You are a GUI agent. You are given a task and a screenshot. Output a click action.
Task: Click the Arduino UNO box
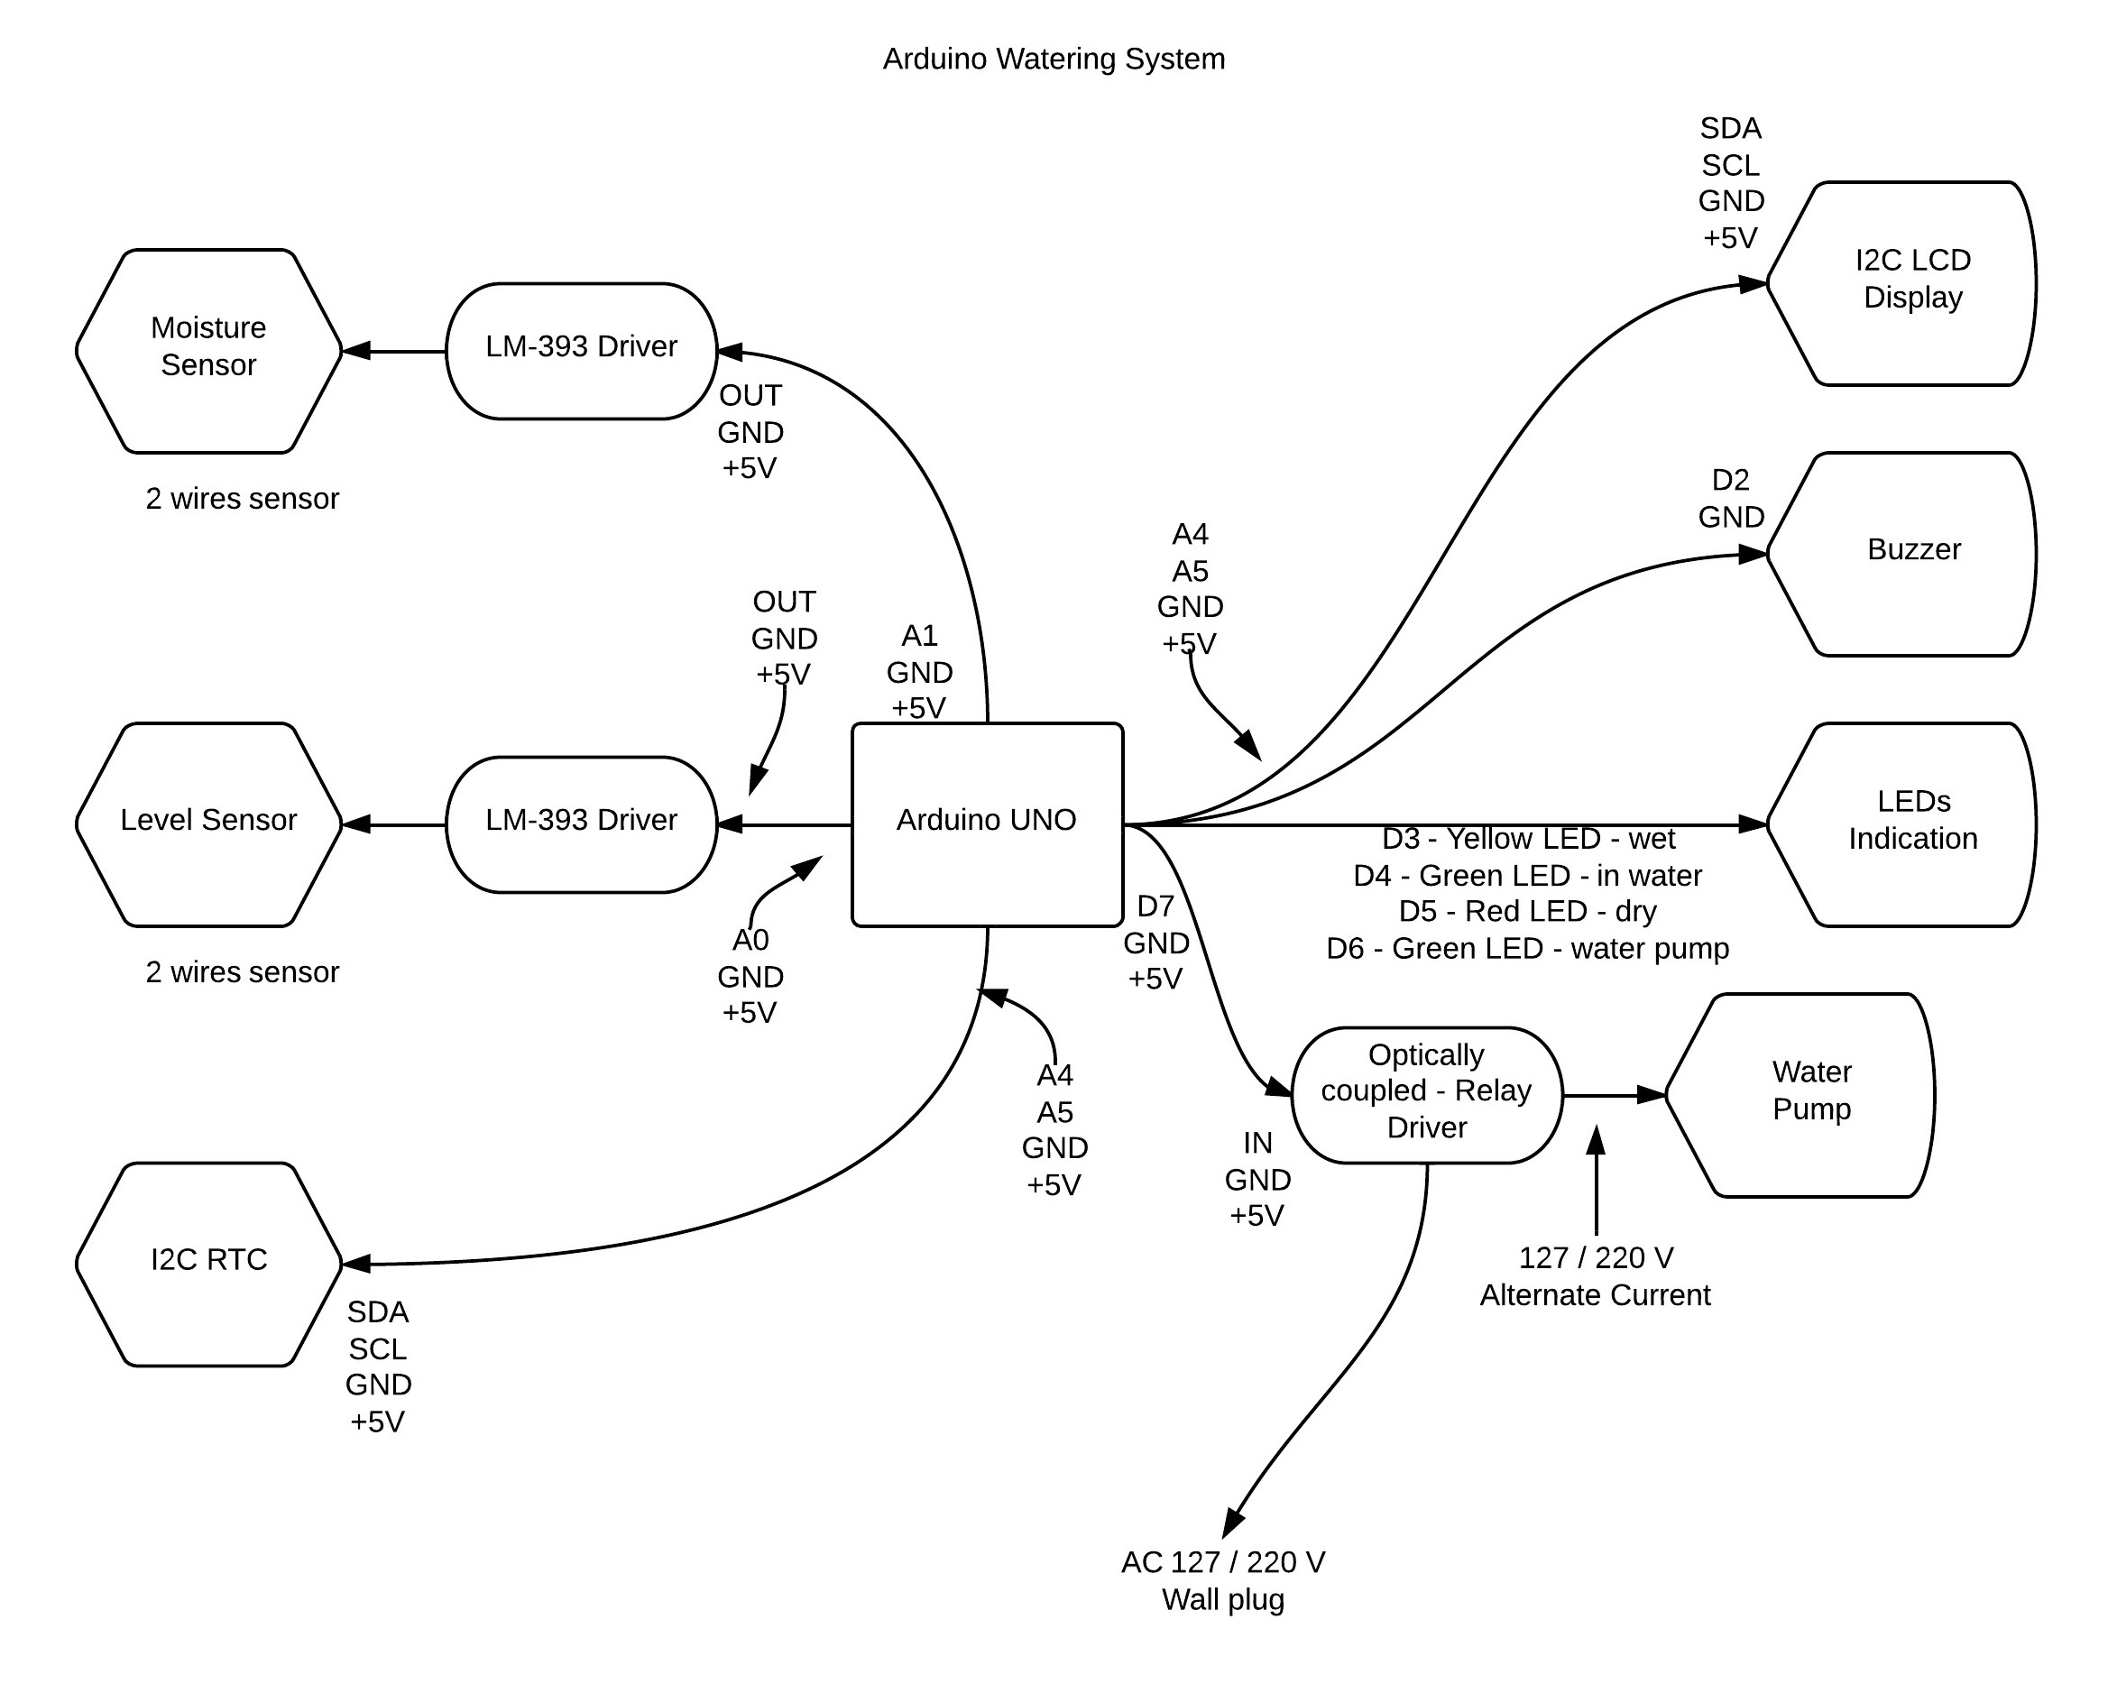[x=987, y=824]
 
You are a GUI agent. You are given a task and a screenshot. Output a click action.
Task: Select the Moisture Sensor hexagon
[x=208, y=350]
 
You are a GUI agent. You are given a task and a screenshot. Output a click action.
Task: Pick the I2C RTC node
[x=208, y=1263]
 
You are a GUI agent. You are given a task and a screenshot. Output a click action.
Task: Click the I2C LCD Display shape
[x=1901, y=282]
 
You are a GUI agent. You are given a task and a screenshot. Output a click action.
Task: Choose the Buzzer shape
[x=1901, y=552]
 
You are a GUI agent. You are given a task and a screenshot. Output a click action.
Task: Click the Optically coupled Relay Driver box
[x=1425, y=1094]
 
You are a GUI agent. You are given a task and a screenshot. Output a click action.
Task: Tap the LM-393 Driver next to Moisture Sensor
[x=581, y=350]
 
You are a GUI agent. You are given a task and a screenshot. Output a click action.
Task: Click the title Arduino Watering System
[x=1053, y=59]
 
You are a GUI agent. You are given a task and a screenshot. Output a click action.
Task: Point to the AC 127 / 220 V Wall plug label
[x=1222, y=1581]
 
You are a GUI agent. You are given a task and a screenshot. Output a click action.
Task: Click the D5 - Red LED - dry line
[x=1526, y=911]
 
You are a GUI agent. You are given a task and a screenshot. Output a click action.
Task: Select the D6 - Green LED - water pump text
[x=1526, y=948]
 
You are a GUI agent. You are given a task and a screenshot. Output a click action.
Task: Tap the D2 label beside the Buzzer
[x=1730, y=480]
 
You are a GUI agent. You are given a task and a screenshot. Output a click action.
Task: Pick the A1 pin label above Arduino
[x=918, y=637]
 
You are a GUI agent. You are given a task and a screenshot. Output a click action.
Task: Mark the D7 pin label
[x=1155, y=906]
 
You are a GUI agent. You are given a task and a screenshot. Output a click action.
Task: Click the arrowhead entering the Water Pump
[x=1652, y=1095]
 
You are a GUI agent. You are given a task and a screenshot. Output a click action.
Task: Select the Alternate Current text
[x=1594, y=1295]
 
